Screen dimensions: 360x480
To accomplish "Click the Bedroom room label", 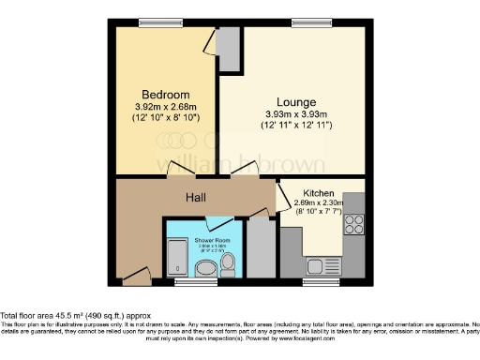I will (166, 95).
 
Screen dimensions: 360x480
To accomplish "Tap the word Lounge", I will (295, 101).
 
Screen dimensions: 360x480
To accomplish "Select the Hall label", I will (196, 197).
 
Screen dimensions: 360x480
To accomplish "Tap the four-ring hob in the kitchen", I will (354, 223).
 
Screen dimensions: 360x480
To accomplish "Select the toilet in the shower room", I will (228, 270).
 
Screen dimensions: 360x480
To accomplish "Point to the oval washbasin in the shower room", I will (205, 269).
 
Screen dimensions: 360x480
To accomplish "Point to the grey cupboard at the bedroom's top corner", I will (229, 49).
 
